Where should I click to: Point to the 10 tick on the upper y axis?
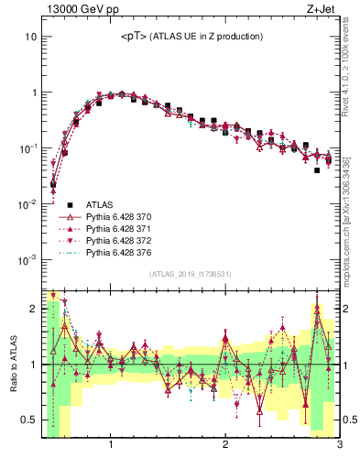pos(30,38)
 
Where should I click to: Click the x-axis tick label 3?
pos(338,445)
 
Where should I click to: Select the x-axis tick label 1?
pos(111,445)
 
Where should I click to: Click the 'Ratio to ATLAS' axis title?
pos(12,365)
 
